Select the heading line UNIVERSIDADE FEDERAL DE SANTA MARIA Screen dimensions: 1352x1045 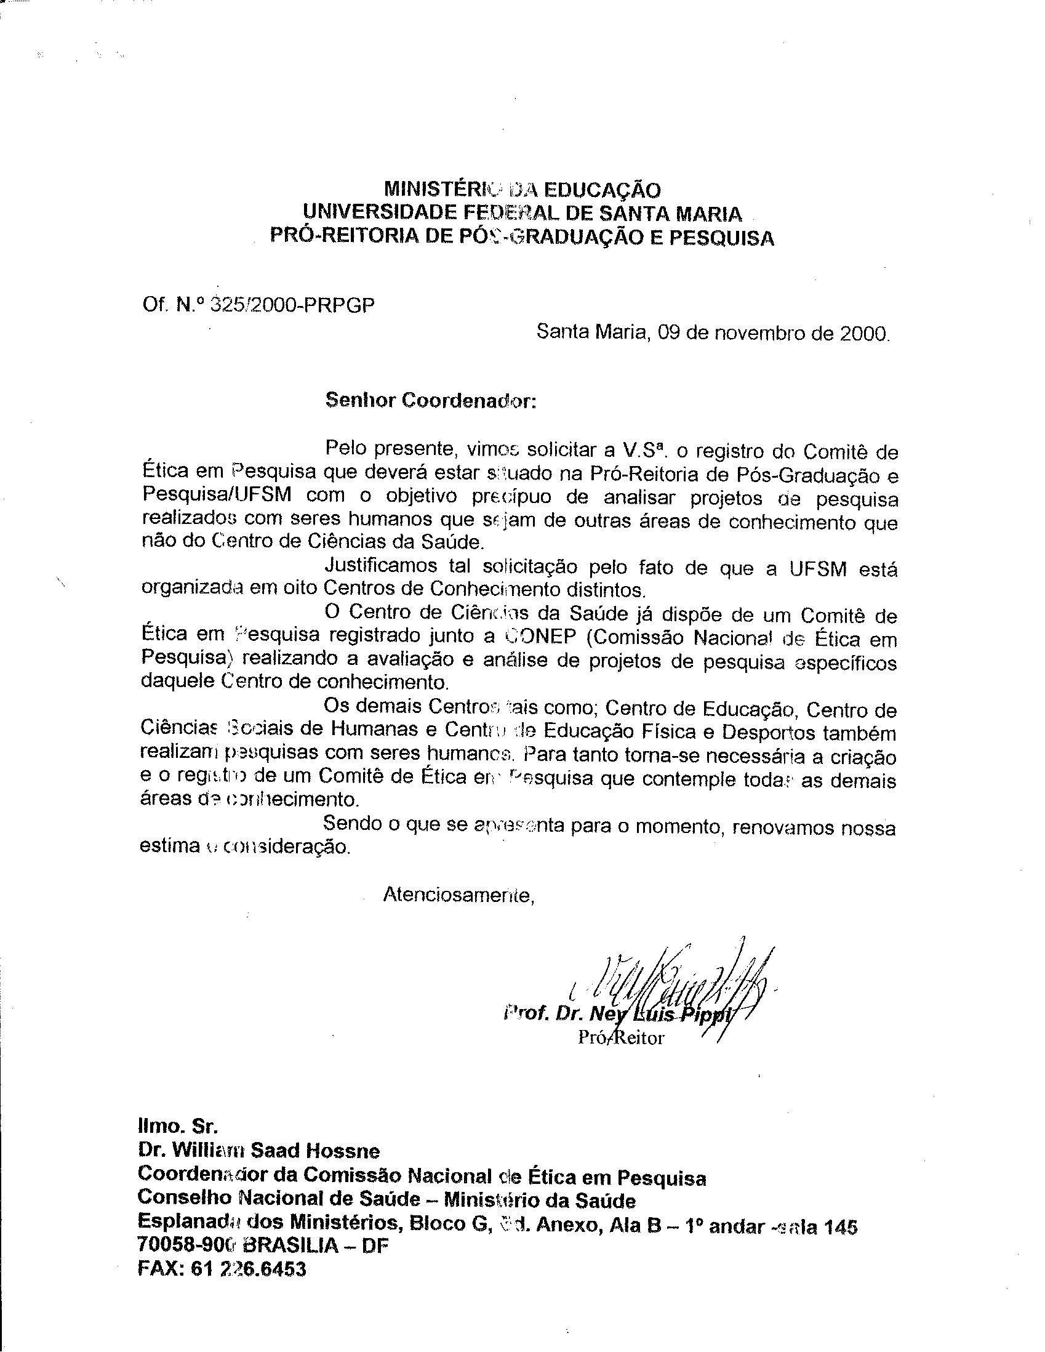click(521, 214)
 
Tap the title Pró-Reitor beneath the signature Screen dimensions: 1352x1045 click(620, 1037)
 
